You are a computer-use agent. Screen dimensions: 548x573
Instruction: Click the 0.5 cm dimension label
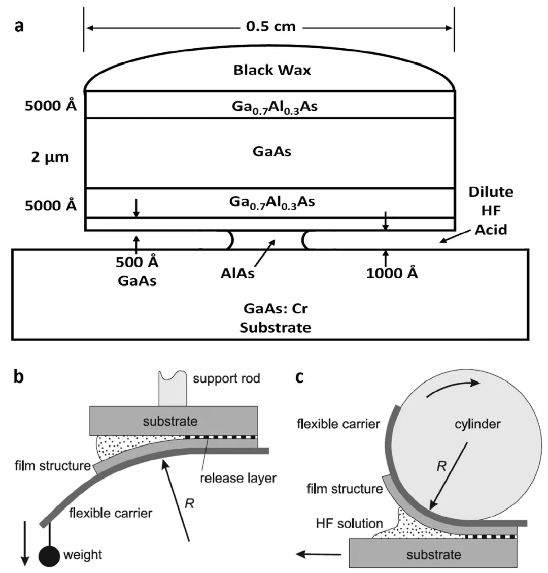coord(270,27)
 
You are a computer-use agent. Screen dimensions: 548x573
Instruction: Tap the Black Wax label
coord(272,70)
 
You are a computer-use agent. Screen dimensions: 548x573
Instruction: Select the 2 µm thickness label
coord(50,157)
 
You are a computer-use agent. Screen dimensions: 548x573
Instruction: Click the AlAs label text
coord(237,273)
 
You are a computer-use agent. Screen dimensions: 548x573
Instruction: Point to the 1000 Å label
coord(392,273)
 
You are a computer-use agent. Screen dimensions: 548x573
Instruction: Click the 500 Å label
coord(137,262)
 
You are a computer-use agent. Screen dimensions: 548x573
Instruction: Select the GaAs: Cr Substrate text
coord(276,318)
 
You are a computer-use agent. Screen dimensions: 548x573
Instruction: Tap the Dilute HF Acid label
coord(491,211)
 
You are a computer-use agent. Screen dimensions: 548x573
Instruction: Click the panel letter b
coord(18,376)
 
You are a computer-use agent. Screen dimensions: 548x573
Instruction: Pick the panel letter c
coord(299,377)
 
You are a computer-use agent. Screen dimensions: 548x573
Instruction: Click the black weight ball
coord(49,556)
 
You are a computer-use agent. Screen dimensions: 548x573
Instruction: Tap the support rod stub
coord(173,388)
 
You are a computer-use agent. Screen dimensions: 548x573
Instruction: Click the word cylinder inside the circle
coord(477,424)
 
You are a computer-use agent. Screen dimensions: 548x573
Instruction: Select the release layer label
coord(238,478)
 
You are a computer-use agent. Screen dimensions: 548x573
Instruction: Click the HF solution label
coord(350,523)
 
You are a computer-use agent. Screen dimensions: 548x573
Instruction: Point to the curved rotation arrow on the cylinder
coord(453,386)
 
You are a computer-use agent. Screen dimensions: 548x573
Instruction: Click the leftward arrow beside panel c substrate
coord(318,554)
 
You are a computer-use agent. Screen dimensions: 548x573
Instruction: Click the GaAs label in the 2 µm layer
coord(272,151)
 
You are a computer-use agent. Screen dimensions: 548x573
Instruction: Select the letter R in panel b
coord(189,503)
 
